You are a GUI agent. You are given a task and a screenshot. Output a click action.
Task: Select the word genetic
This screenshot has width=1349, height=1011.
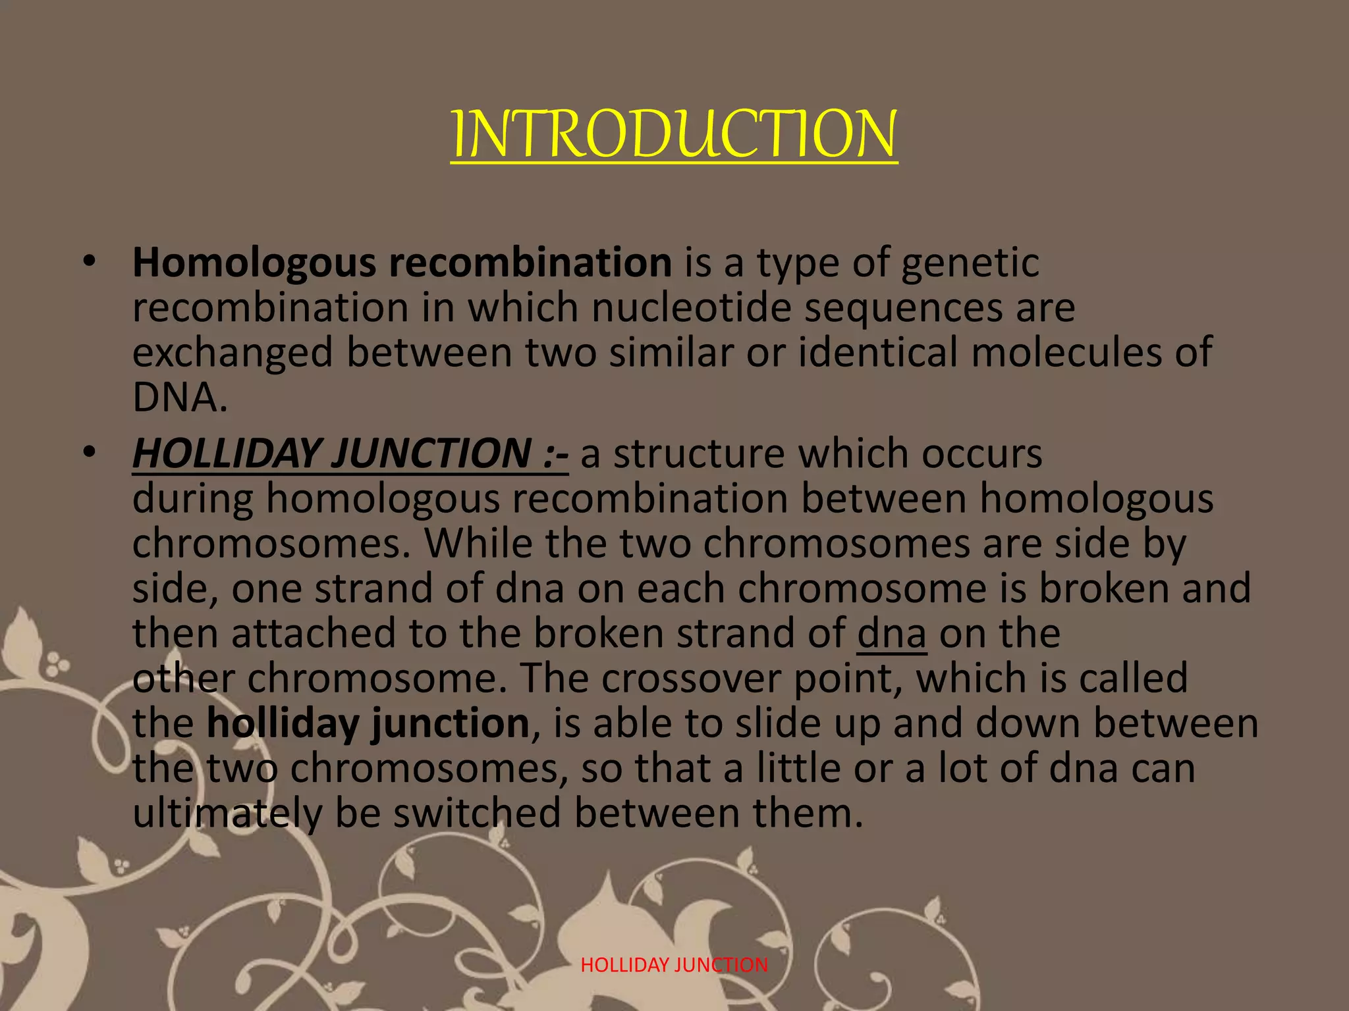point(970,263)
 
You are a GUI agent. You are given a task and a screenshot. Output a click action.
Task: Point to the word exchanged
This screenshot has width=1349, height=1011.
point(233,353)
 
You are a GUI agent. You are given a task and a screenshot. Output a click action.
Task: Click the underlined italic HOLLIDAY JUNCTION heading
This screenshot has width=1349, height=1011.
point(350,454)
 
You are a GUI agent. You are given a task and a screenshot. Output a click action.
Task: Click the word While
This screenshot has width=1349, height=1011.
point(478,544)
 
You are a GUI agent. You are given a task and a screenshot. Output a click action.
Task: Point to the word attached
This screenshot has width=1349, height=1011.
point(313,633)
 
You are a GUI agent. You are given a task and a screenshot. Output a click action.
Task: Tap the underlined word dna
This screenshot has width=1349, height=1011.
point(892,633)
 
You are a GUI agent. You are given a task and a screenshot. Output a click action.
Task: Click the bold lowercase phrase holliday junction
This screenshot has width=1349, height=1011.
point(368,723)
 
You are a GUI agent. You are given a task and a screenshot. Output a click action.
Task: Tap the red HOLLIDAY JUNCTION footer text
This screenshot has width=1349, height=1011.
point(674,965)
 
